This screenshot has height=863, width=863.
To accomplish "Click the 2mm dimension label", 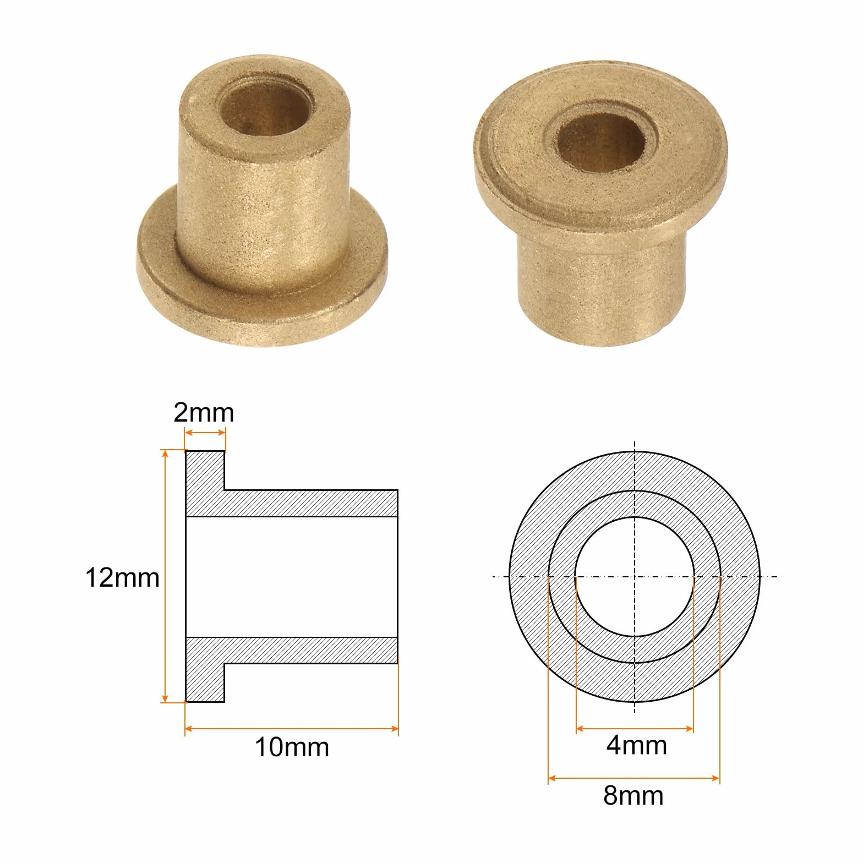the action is click(204, 413).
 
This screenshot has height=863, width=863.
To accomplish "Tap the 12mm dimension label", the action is click(122, 578).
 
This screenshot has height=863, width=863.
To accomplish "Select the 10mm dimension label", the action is click(292, 747).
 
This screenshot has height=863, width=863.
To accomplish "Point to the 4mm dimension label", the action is click(637, 745).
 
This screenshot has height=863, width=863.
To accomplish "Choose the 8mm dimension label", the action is click(633, 795).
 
